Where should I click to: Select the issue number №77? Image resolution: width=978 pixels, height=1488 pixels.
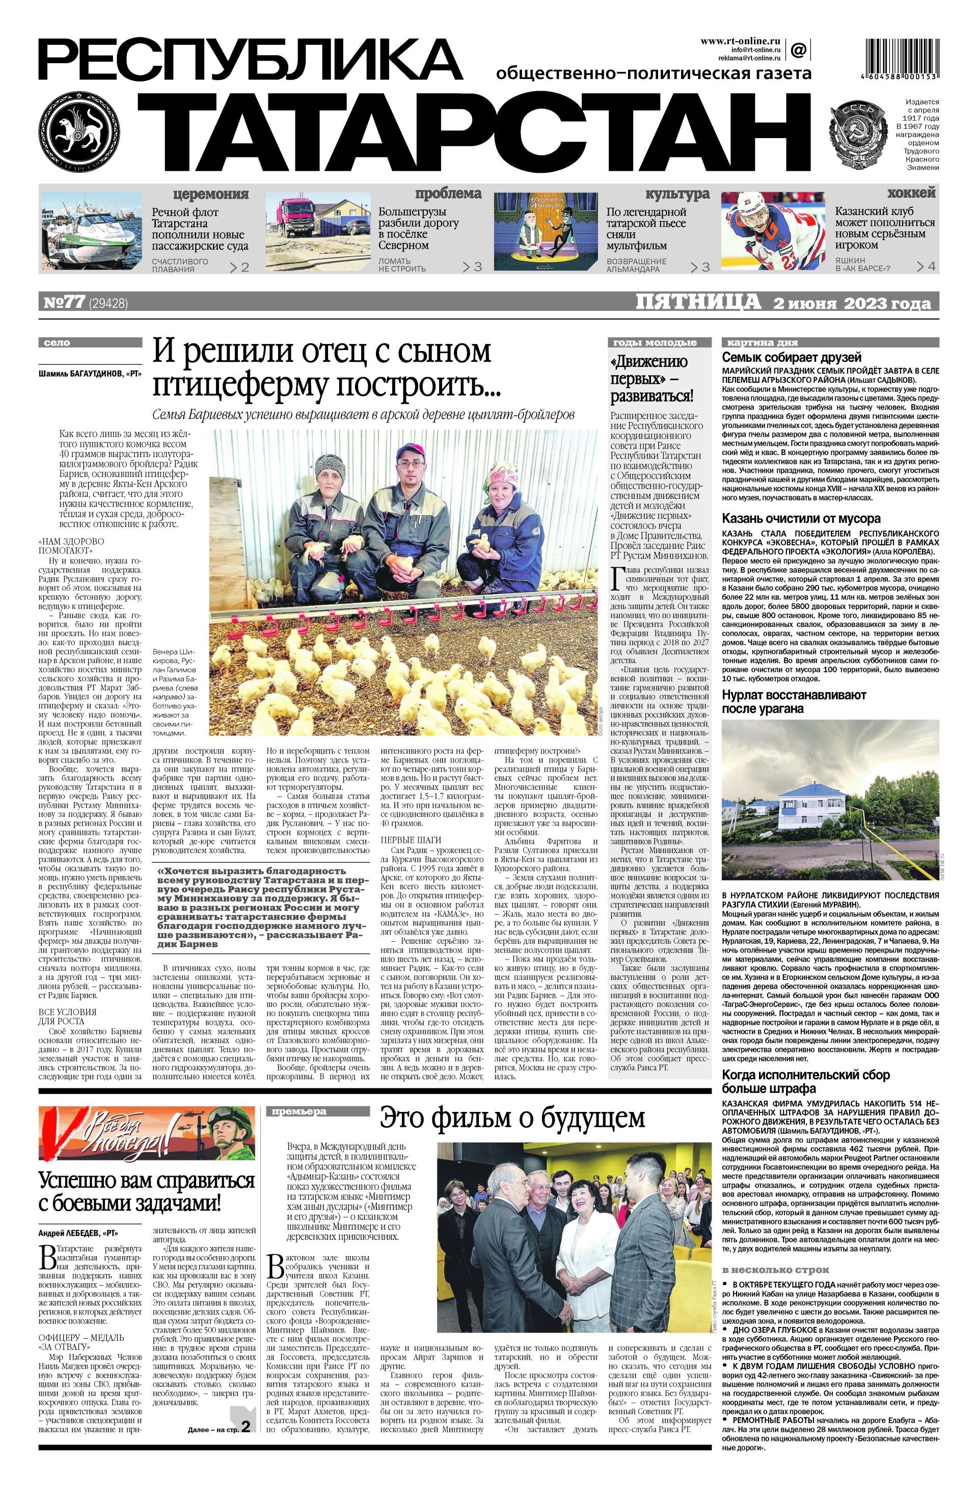[x=64, y=303]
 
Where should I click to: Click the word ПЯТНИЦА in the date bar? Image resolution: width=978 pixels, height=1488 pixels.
[x=697, y=303]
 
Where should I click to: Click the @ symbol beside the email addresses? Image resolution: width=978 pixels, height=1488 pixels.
[x=798, y=49]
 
